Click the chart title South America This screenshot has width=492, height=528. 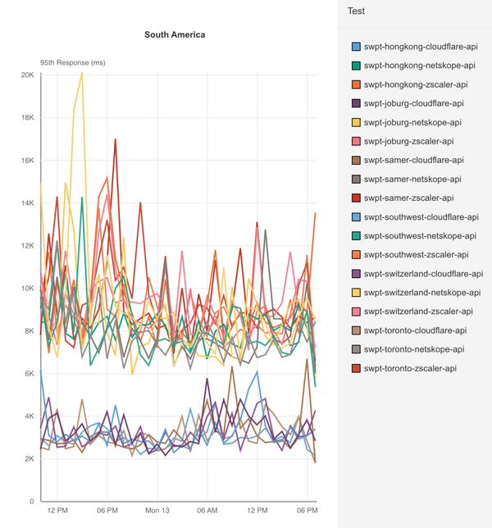pos(175,34)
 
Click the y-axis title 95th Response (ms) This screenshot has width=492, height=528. pos(73,62)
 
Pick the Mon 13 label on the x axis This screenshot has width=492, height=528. pos(157,510)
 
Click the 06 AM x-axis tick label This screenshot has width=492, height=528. pos(207,510)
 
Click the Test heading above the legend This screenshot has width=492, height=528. pos(356,11)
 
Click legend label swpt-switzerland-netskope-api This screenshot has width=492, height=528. pos(422,293)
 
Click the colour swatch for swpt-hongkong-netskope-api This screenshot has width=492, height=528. pos(355,66)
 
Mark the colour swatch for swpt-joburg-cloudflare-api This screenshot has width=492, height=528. pos(355,103)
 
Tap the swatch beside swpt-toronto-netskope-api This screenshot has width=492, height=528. pos(355,349)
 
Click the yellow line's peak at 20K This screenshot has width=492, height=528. pos(81,73)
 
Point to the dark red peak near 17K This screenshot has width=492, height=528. pos(116,139)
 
